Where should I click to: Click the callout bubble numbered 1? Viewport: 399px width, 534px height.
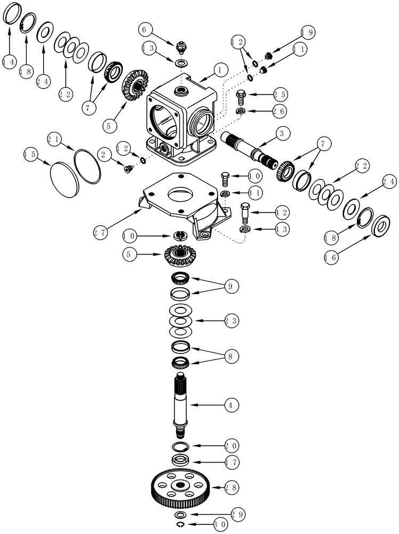click(218, 70)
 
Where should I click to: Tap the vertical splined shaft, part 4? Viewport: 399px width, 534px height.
click(182, 406)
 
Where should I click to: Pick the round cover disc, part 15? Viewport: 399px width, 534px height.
click(64, 176)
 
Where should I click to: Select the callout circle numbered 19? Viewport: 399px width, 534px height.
click(307, 33)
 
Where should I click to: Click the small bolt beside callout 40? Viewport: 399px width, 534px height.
click(225, 178)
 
